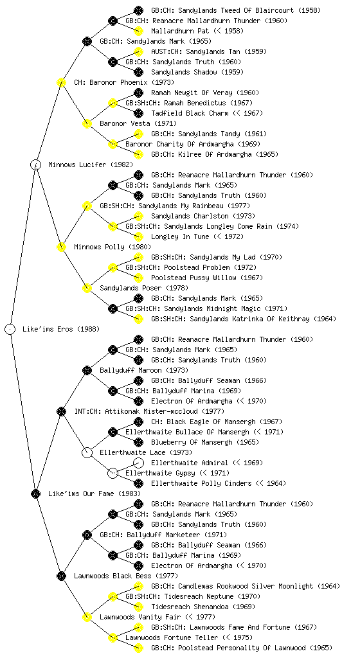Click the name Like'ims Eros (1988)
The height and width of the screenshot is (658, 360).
[x=61, y=329]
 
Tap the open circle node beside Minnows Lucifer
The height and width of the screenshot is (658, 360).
[x=35, y=164]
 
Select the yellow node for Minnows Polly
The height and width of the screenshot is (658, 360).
[x=61, y=247]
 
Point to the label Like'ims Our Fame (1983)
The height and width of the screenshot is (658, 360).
[x=94, y=493]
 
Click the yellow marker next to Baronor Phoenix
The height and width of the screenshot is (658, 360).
[x=61, y=82]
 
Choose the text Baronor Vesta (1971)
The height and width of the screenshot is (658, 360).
[x=138, y=123]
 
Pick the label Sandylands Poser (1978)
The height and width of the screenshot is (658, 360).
[x=144, y=288]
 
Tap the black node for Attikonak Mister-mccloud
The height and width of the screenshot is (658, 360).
[x=61, y=411]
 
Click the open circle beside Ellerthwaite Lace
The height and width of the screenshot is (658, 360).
[x=87, y=452]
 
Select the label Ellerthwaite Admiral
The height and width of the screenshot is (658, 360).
[x=190, y=463]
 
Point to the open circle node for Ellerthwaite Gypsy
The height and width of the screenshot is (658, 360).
[x=113, y=473]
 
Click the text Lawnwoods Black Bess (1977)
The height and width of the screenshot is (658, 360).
[x=126, y=576]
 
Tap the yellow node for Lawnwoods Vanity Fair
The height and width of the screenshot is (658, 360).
[x=87, y=617]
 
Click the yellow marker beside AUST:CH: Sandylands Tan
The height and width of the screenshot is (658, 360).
[x=138, y=51]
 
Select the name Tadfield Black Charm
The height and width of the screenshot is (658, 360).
[x=190, y=113]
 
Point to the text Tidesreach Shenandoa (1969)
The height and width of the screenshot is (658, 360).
[x=203, y=607]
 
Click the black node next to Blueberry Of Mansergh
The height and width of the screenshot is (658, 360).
[x=138, y=442]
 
